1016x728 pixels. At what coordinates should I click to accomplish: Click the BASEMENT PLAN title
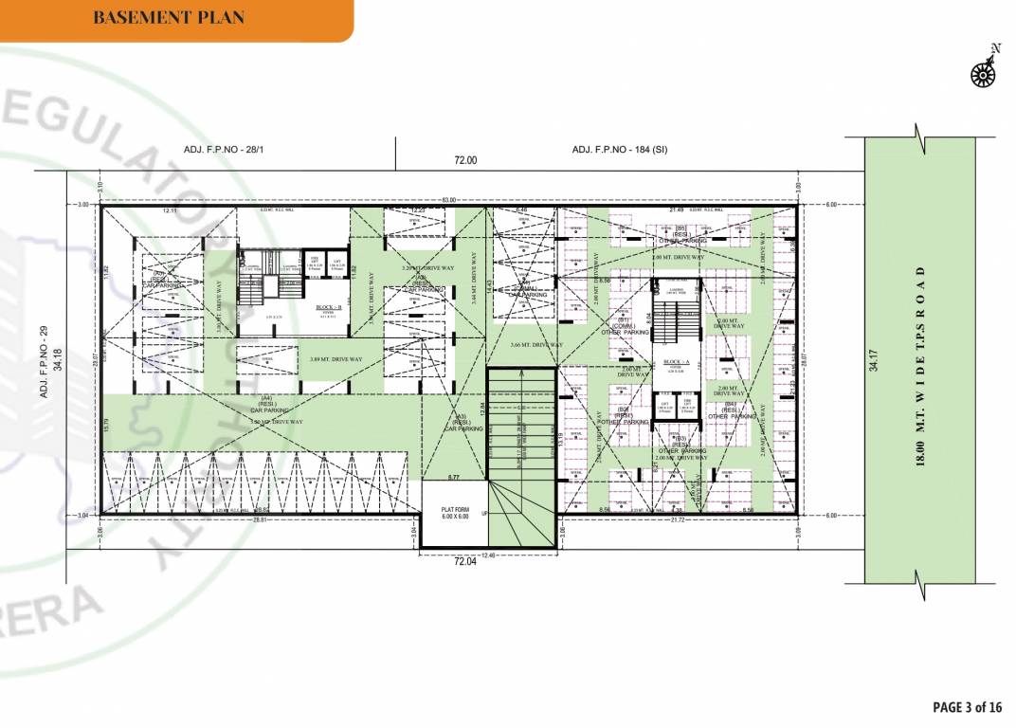169,17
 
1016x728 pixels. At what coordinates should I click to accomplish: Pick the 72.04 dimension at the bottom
463,562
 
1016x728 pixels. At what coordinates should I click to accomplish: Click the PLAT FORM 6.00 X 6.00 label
455,513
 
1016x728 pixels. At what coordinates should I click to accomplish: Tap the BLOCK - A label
676,362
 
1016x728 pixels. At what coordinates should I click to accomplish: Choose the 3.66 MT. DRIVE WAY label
535,345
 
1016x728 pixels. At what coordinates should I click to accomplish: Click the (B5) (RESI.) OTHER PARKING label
680,234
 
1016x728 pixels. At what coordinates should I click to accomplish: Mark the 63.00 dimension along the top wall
448,200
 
